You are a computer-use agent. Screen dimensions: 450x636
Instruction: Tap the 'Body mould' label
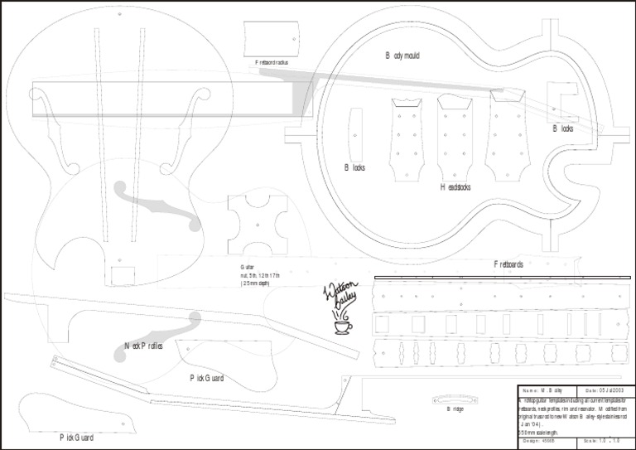point(402,56)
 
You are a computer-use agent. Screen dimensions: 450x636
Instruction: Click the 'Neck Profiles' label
point(143,346)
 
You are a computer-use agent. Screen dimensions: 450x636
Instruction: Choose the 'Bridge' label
point(456,409)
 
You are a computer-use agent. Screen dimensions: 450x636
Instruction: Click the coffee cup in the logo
point(341,327)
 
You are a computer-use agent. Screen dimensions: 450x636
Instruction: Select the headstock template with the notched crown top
point(407,137)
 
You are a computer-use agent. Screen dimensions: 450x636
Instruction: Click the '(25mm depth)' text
point(255,283)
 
